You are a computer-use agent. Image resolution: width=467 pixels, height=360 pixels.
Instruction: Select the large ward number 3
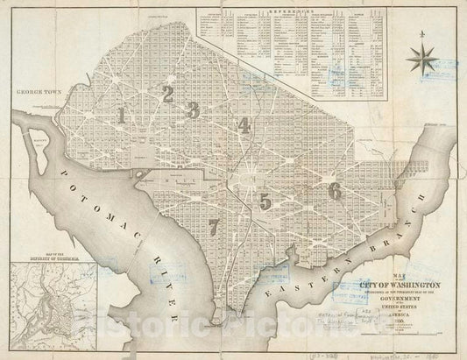(194, 109)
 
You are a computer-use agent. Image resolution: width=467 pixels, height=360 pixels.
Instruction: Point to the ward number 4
(244, 124)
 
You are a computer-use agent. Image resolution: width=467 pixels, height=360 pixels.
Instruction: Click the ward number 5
(265, 201)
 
